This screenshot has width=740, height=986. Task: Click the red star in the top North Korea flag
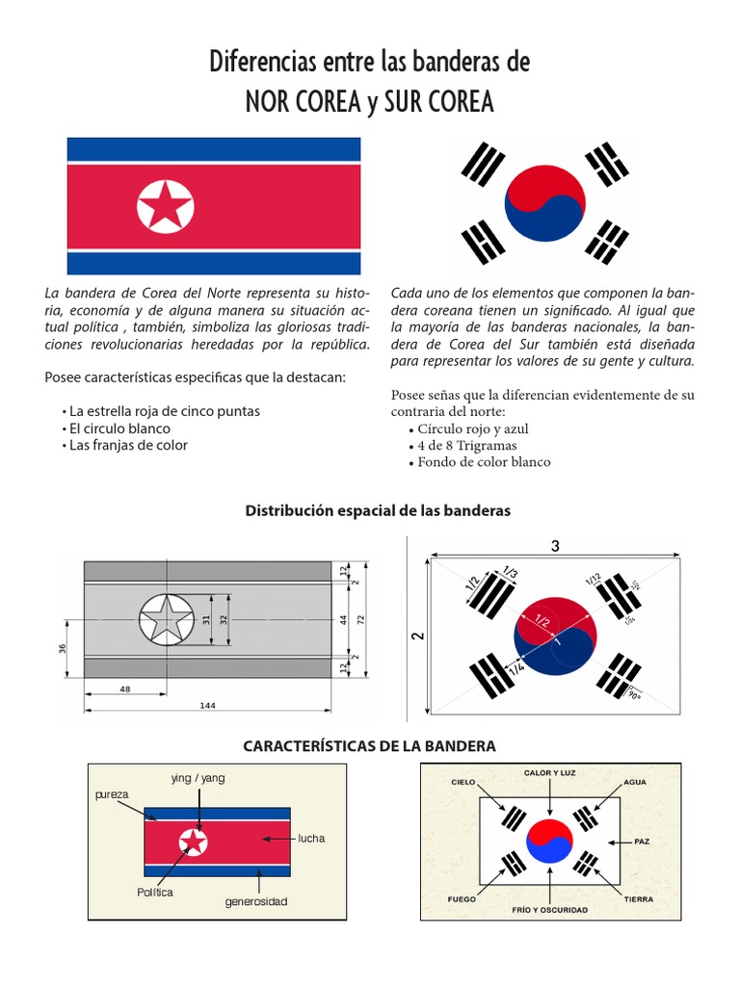166,206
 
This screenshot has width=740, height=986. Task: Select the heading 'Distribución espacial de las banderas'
378,510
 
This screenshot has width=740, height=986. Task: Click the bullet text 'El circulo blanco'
120,428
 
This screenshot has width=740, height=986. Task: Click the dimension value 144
209,706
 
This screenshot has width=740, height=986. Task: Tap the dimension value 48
124,689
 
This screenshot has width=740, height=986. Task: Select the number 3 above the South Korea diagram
555,546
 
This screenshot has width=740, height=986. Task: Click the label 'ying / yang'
198,777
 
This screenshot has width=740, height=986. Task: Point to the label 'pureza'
112,794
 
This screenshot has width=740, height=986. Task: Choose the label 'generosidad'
256,901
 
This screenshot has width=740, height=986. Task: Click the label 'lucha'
311,838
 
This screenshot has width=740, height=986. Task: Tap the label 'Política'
155,893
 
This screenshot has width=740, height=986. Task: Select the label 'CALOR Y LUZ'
550,773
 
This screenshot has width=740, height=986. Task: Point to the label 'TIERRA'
638,899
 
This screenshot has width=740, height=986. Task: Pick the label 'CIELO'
463,782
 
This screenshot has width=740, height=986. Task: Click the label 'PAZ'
642,842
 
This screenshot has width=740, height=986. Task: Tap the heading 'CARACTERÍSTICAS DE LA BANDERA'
369,745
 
